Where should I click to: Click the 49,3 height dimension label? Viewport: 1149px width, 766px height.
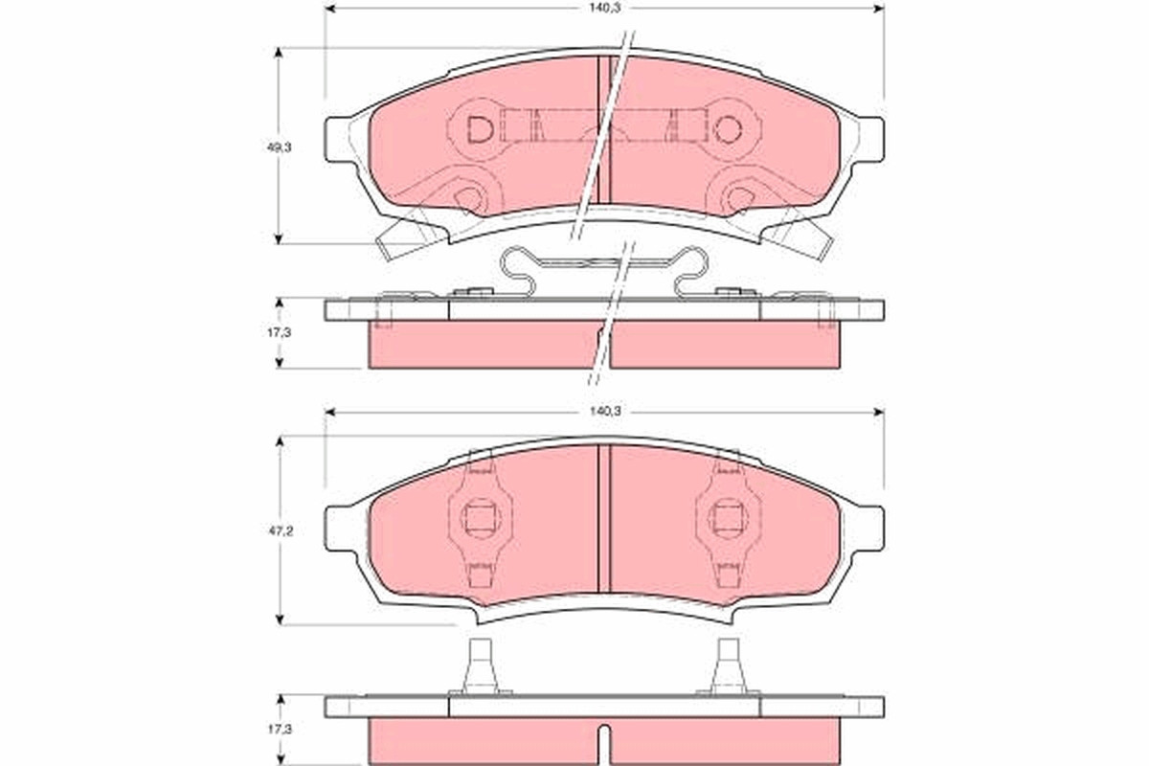click(x=279, y=147)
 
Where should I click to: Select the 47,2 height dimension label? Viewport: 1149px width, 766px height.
click(x=280, y=531)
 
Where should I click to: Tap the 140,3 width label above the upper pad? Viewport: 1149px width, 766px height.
click(x=605, y=9)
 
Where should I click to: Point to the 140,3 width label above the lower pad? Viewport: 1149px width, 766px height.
click(x=605, y=411)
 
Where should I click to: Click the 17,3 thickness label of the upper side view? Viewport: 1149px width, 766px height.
click(x=279, y=332)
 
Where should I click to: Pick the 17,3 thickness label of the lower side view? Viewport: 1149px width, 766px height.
click(x=279, y=729)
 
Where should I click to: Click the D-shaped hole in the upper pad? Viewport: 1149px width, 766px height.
click(x=480, y=129)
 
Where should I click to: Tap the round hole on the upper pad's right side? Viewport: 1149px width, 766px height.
click(x=728, y=128)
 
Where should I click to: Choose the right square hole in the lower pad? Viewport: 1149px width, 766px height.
click(x=728, y=518)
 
